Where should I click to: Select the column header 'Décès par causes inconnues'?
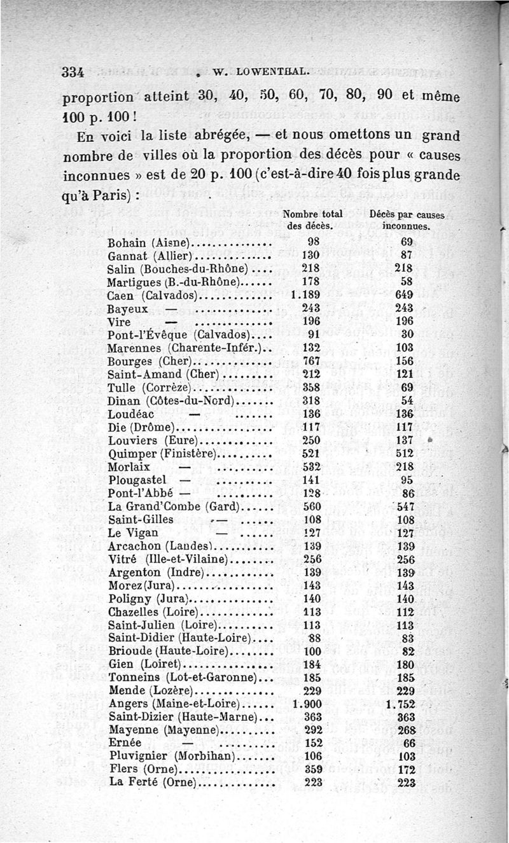(407, 219)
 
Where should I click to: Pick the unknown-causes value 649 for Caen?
(404, 295)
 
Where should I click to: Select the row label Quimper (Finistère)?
(163, 454)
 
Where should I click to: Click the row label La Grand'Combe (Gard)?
(172, 506)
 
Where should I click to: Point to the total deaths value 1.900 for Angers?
(307, 704)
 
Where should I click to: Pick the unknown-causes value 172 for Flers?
(405, 770)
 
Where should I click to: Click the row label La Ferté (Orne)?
(151, 783)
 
